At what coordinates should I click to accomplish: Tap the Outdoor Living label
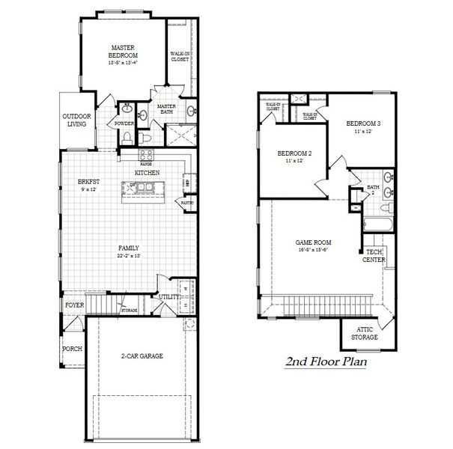(76, 120)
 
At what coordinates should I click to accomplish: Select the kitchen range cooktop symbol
(146, 155)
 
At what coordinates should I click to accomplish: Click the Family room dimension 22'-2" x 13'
(128, 256)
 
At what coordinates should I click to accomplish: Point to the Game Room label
(314, 242)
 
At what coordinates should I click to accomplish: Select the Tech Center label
(373, 256)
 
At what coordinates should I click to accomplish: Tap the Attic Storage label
(365, 334)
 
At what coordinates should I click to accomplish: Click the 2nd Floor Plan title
(325, 363)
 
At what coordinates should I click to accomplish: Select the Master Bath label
(166, 110)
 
